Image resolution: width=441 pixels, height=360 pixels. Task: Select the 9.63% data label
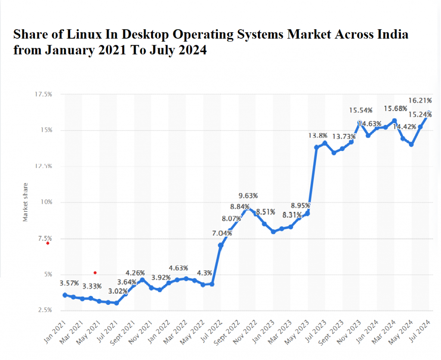point(248,196)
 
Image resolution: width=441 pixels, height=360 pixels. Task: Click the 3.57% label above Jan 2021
point(69,283)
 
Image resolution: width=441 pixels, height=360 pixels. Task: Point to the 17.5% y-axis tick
point(43,94)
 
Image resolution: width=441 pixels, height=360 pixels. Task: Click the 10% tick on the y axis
point(46,202)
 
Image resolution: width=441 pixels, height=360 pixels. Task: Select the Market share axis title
point(25,202)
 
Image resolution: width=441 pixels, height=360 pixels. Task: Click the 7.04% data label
point(222,233)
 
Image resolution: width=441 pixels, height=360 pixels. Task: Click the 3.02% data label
point(118,291)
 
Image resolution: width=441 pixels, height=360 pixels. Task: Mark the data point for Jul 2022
point(220,245)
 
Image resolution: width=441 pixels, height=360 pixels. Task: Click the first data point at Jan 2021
point(65,295)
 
